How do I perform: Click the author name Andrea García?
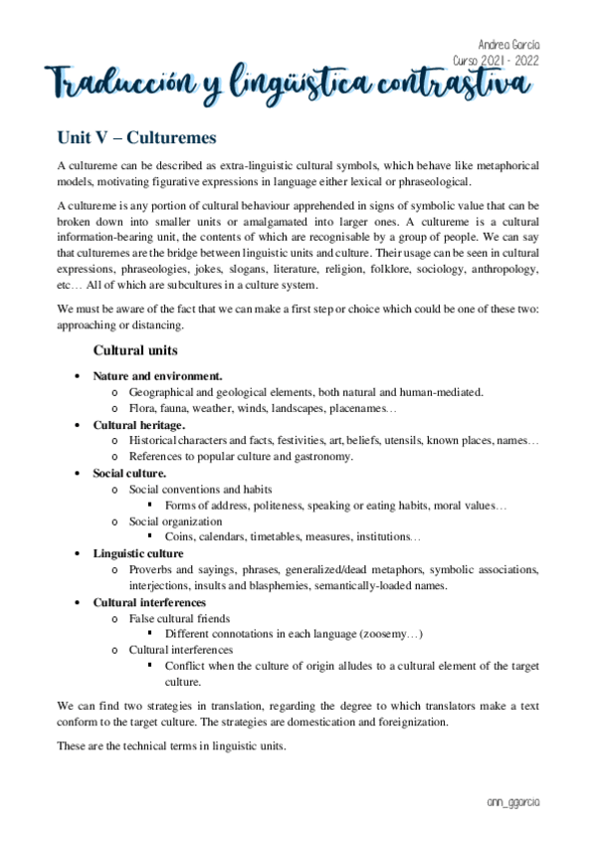tap(510, 46)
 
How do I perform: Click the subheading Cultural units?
tap(135, 350)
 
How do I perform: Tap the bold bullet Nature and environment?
tap(157, 376)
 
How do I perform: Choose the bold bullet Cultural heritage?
tap(138, 425)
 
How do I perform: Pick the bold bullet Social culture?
tap(129, 473)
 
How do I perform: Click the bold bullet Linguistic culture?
tap(137, 553)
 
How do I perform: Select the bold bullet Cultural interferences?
tap(149, 602)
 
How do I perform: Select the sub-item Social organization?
tap(175, 522)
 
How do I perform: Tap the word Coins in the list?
tap(180, 537)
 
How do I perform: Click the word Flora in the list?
tap(143, 408)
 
